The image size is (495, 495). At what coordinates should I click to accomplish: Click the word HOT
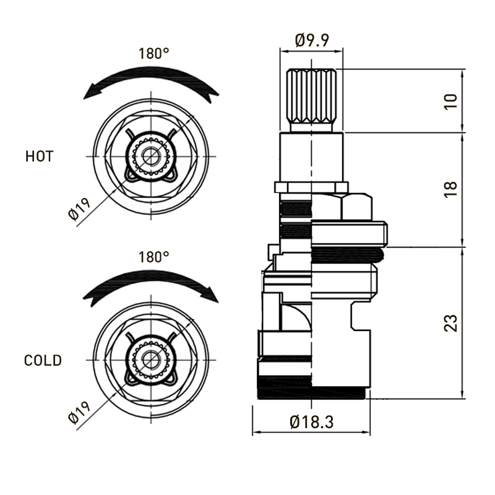point(39,156)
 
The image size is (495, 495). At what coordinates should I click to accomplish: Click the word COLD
point(43,360)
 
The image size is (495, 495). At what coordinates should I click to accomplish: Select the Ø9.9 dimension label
point(312,41)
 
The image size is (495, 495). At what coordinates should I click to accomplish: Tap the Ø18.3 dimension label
point(312,423)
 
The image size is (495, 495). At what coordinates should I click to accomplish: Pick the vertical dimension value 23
point(452,322)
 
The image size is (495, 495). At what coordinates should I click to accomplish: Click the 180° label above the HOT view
point(154,53)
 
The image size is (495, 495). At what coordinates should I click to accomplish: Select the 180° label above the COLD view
point(154,256)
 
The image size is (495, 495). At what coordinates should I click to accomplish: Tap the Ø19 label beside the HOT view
point(80,207)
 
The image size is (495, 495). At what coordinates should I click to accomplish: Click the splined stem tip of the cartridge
point(312,99)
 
